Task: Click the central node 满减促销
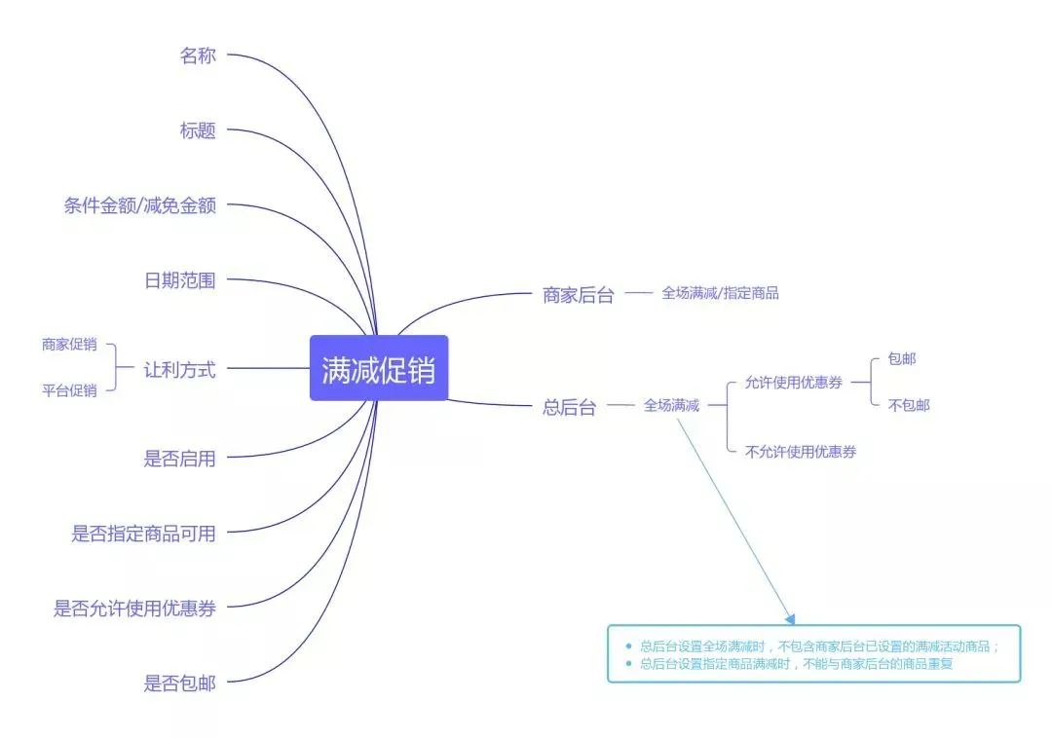tap(379, 368)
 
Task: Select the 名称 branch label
tap(197, 55)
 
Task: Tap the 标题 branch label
tap(197, 130)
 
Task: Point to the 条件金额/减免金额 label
tap(139, 205)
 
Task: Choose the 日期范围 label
tap(179, 280)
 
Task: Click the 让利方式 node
tap(179, 369)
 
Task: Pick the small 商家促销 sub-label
tap(69, 345)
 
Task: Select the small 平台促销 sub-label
tap(69, 390)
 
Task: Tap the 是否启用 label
tap(179, 459)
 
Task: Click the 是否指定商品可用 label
tap(143, 534)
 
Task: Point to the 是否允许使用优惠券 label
tap(134, 609)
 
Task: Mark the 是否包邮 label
tap(179, 683)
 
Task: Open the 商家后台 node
tap(579, 295)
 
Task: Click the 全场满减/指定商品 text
tap(720, 293)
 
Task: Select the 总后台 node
tap(569, 408)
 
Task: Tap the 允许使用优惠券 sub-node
tap(793, 383)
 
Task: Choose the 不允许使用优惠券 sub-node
tap(801, 452)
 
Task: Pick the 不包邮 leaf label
tap(909, 405)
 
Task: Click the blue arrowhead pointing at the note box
tap(790, 618)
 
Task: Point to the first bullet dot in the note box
tap(628, 646)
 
